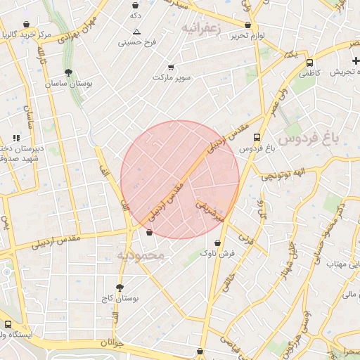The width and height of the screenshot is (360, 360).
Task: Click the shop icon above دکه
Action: (x=135, y=5)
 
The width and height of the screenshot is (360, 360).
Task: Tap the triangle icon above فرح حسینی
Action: (x=136, y=32)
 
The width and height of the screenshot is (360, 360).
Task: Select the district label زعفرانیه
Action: (x=201, y=28)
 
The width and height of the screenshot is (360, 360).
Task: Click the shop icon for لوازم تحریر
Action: (x=248, y=25)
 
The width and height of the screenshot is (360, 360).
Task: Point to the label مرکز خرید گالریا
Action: (x=27, y=34)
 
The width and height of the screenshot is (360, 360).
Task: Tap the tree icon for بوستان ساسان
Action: (x=67, y=72)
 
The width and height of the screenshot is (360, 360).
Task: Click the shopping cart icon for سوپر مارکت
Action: (x=171, y=67)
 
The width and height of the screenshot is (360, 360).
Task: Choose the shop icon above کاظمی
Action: (x=309, y=62)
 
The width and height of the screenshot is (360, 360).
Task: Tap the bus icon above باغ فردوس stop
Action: (x=257, y=138)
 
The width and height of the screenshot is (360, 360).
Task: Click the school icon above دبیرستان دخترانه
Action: (x=15, y=139)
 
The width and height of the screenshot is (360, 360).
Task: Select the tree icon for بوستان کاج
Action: (x=120, y=288)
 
